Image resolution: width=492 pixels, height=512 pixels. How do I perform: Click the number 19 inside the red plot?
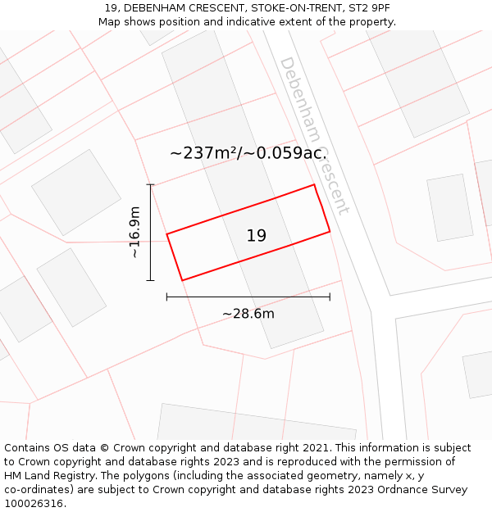pos(257,236)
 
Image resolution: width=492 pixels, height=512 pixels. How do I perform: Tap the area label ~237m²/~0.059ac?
pos(248,153)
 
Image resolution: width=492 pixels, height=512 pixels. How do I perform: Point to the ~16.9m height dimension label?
pos(135,233)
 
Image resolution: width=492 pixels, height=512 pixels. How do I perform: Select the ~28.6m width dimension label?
pos(248,314)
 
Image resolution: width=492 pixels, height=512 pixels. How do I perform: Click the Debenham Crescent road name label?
pos(315,135)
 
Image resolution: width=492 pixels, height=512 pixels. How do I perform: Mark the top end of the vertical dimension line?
pos(150,184)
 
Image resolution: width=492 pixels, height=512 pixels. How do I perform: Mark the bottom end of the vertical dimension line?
pos(150,280)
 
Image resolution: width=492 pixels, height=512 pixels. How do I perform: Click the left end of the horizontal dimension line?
pos(166,297)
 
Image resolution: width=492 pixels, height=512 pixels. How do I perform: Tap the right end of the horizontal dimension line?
pos(330,297)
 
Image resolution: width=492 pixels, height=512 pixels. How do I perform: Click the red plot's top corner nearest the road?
pos(315,184)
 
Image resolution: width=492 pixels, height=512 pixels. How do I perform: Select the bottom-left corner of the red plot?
pos(182,280)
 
